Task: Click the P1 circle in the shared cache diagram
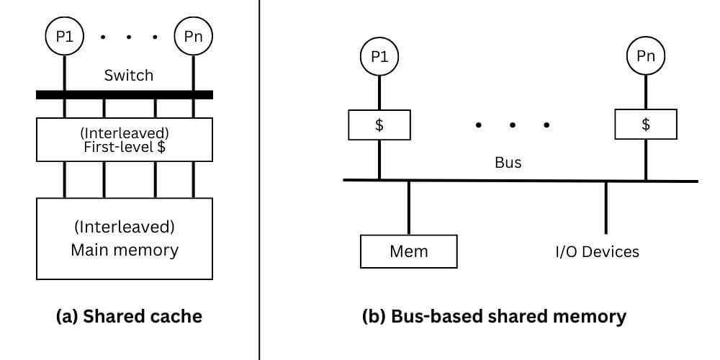(x=66, y=36)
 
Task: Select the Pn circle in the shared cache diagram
(x=194, y=36)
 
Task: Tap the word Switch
(x=129, y=75)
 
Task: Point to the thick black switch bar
(x=125, y=94)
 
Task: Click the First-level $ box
(x=125, y=140)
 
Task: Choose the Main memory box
(x=125, y=238)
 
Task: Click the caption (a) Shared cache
(x=129, y=316)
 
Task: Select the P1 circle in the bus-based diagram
(x=379, y=56)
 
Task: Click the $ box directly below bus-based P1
(x=379, y=125)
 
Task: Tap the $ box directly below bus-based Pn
(x=646, y=125)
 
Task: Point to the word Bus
(x=508, y=163)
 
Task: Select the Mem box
(x=408, y=251)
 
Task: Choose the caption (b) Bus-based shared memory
(x=494, y=316)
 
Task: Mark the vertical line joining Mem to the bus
(x=408, y=207)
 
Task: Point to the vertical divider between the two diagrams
(x=259, y=180)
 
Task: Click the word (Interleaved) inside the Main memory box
(x=125, y=227)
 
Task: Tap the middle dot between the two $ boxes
(x=512, y=125)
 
